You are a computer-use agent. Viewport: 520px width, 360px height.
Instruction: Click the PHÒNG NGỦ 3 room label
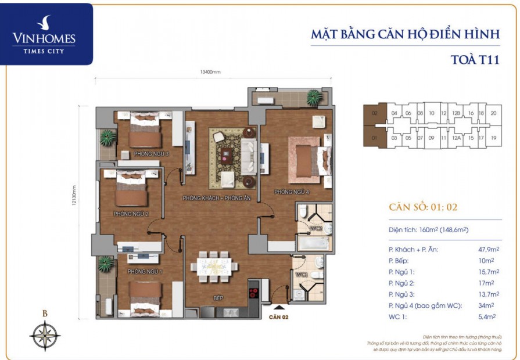coord(151,154)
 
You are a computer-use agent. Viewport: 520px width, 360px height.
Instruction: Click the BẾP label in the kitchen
coord(218,298)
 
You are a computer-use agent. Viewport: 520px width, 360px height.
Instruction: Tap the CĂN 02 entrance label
coord(279,318)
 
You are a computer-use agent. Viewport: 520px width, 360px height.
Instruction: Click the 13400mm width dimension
coord(210,73)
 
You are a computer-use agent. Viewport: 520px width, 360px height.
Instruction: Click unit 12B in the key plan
coord(457,113)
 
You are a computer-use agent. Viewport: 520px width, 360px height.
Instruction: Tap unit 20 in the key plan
coord(493,113)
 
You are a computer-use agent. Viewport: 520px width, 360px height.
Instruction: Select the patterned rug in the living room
coord(232,154)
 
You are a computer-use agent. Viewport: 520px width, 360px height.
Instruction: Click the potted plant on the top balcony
coord(314,96)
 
